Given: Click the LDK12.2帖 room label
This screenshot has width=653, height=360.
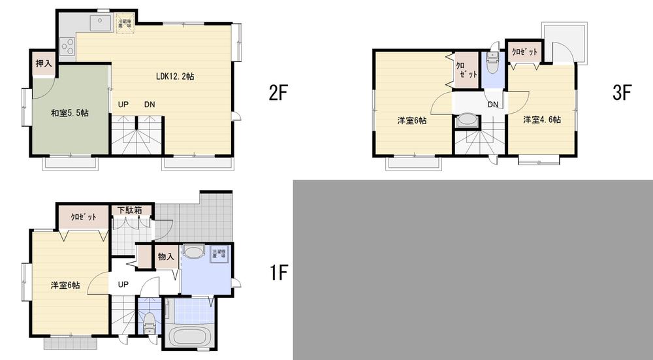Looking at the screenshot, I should point(174,76).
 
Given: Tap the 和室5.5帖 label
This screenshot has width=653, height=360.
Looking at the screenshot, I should point(70,112).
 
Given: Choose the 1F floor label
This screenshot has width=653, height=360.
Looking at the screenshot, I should point(278,272).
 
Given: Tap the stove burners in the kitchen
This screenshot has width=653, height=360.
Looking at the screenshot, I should point(67,47).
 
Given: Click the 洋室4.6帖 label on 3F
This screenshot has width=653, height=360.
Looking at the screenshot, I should point(541,120).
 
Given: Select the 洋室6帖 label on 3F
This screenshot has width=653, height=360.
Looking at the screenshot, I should point(412,120).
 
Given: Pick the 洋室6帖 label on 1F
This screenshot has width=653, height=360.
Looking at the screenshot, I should point(65,285).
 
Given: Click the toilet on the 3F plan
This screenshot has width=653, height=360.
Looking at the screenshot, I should point(492,61).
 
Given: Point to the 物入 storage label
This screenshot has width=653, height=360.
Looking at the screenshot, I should point(166,257).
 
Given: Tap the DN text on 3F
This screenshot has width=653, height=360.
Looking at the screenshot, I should point(493,105).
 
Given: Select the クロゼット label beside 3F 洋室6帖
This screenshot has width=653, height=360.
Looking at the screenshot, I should point(466,70).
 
